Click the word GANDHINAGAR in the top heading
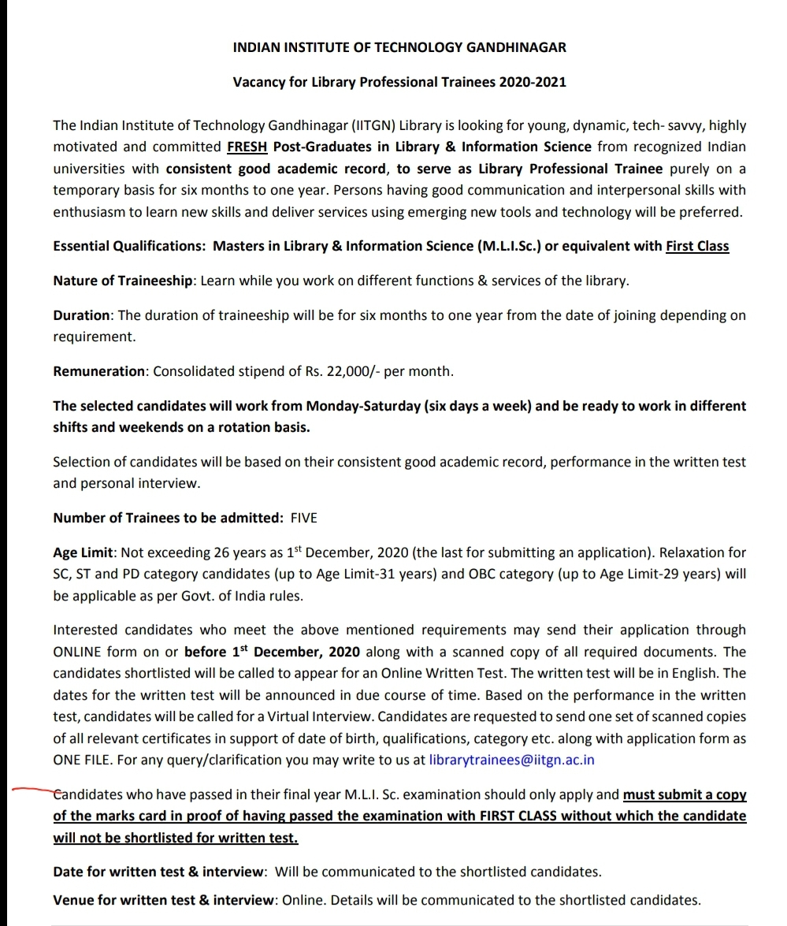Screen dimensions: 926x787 [x=516, y=47]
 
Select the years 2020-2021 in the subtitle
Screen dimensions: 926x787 [x=533, y=81]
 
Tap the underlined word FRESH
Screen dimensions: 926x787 [x=247, y=147]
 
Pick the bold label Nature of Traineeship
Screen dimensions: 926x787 [x=122, y=281]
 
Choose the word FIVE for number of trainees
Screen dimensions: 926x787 [x=304, y=518]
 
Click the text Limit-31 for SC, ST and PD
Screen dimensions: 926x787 [x=376, y=574]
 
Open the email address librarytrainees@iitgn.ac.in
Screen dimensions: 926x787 [x=512, y=760]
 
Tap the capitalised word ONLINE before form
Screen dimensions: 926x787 [x=77, y=652]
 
